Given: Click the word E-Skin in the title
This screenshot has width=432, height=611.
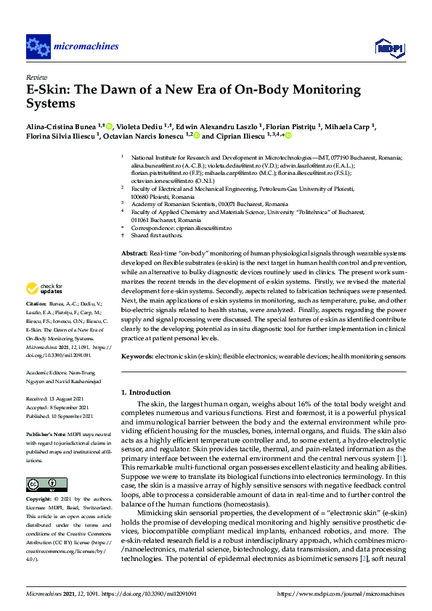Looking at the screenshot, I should pyautogui.click(x=46, y=90).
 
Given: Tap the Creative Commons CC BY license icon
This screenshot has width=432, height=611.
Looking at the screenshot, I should pyautogui.click(x=41, y=483).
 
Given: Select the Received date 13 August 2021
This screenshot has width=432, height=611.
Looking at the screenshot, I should pyautogui.click(x=60, y=399).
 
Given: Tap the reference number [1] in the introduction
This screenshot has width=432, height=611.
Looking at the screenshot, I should pyautogui.click(x=402, y=459).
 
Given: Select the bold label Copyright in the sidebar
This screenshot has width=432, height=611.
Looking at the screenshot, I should pyautogui.click(x=41, y=500).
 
